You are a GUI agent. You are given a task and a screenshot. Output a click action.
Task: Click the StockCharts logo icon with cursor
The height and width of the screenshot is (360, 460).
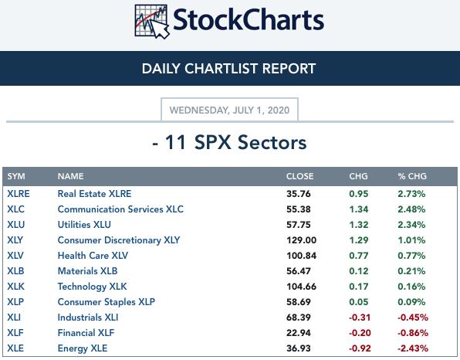[x=152, y=22]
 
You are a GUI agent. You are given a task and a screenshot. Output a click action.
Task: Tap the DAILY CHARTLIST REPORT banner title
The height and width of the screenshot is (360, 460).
[x=228, y=69]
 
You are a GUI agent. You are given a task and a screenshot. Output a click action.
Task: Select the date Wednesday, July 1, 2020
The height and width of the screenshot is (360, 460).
[x=229, y=110]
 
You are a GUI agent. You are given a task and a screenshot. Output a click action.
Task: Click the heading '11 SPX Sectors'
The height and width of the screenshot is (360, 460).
[x=235, y=142]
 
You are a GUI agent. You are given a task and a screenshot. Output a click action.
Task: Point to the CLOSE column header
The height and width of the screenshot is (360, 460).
[x=299, y=176]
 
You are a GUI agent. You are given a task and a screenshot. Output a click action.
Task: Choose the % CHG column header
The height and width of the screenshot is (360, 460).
[x=412, y=176]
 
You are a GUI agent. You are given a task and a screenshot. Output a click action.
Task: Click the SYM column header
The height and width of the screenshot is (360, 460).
[x=16, y=176]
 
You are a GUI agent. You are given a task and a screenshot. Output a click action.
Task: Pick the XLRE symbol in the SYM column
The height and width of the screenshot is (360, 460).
[x=19, y=194]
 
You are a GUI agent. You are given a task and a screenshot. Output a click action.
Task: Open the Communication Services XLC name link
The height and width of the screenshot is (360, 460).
[x=120, y=209]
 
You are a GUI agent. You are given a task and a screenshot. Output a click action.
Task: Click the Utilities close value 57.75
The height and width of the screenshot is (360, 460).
[x=299, y=225]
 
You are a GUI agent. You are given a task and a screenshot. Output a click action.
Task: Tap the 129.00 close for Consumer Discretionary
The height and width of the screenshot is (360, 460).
[x=301, y=240]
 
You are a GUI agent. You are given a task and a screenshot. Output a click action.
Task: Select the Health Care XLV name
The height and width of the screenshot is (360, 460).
[x=93, y=256]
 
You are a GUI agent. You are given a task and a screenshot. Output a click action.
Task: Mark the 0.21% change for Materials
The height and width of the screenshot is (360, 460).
[x=411, y=271]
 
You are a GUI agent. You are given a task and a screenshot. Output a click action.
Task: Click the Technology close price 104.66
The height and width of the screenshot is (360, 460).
[x=301, y=287]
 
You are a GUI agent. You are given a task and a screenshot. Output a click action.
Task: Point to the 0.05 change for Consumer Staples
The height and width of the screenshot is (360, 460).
[x=358, y=302]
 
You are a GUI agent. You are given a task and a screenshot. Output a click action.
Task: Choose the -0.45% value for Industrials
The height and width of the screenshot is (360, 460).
[x=413, y=318]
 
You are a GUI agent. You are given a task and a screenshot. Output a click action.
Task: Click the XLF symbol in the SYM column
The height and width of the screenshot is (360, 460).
[x=15, y=333]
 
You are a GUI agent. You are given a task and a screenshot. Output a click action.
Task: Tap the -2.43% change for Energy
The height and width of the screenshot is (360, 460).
[x=413, y=348]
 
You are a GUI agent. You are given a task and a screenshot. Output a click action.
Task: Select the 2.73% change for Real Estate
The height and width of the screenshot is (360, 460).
[x=411, y=194]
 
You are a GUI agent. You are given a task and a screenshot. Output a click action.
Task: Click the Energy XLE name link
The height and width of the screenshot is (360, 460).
[x=83, y=348]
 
